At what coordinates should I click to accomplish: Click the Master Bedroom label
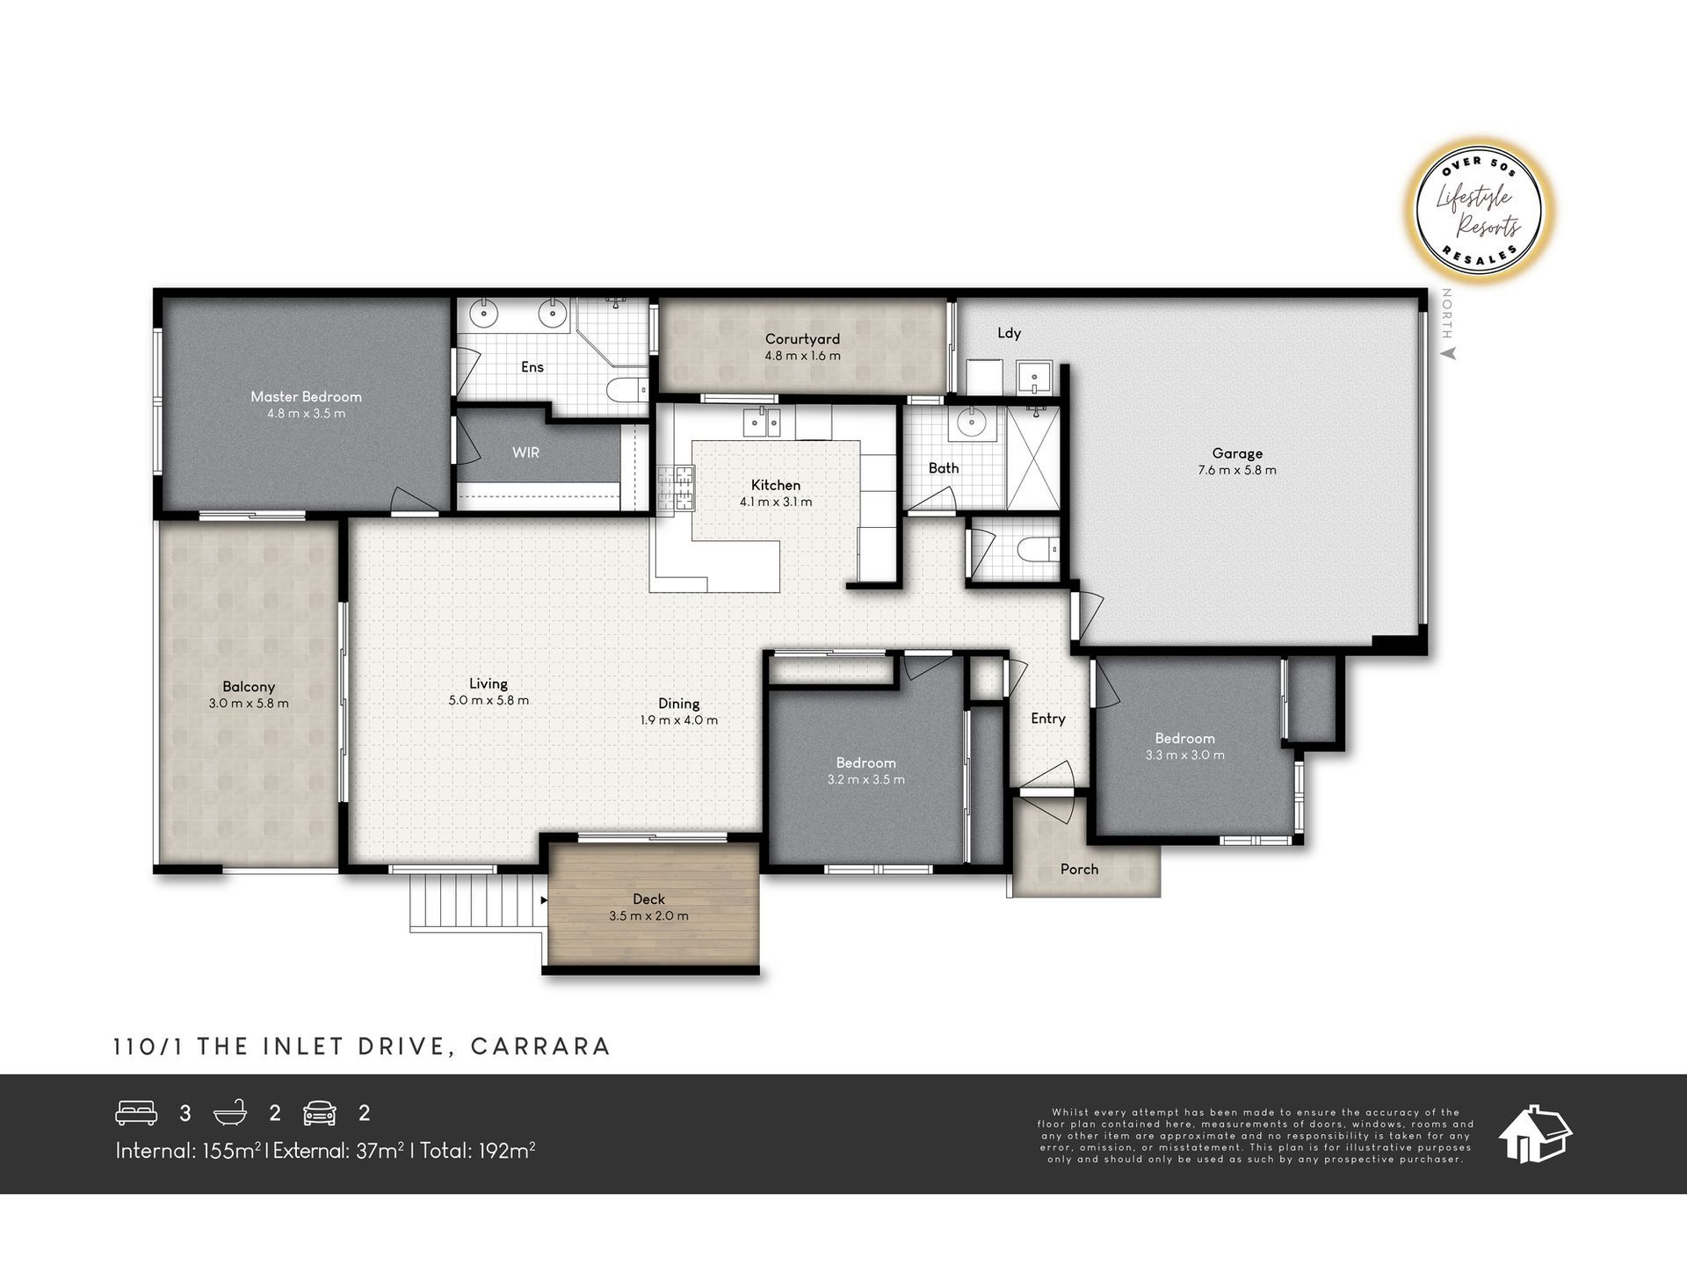[x=306, y=396]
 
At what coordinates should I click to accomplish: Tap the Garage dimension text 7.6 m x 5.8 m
[x=1237, y=470]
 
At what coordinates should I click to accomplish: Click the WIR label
[x=525, y=452]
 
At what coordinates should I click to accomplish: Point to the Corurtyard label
[x=802, y=339]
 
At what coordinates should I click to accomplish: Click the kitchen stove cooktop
[x=675, y=488]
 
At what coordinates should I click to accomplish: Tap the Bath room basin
[x=971, y=423]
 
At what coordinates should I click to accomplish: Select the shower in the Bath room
[x=1032, y=458]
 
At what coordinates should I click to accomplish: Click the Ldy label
[x=1009, y=333]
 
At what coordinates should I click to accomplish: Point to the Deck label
[x=648, y=899]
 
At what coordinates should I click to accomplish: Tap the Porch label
[x=1079, y=869]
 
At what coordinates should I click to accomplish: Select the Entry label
[x=1048, y=719]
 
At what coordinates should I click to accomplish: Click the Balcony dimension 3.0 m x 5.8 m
[x=249, y=703]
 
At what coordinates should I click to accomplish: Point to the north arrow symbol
[x=1450, y=353]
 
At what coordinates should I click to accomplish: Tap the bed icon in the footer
[x=136, y=1113]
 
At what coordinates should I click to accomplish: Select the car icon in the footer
[x=319, y=1113]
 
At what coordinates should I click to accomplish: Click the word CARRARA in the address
[x=540, y=1046]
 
